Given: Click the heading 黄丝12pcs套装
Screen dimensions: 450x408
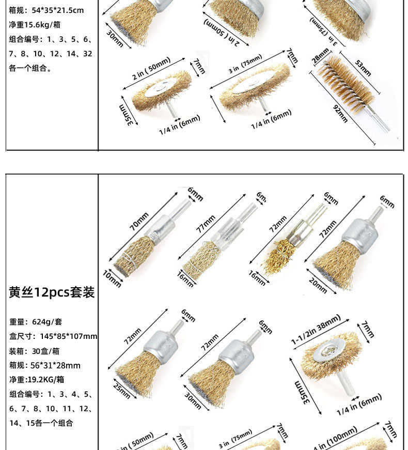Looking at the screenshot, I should tap(52, 292).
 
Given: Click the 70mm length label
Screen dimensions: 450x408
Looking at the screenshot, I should tap(139, 221).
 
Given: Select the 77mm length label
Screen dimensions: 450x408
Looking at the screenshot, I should tap(206, 224).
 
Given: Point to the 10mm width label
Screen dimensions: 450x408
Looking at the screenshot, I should tap(112, 278).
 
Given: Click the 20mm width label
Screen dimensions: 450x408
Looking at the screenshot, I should tap(318, 285).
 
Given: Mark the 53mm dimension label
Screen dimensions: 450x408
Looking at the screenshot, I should tap(363, 67).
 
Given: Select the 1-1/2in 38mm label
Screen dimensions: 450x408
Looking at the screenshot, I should tap(316, 330).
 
